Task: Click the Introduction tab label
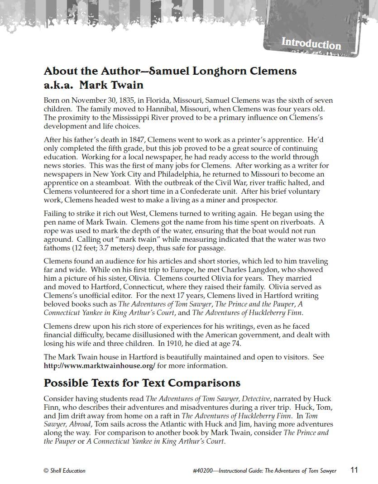point(311,44)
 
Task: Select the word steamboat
point(116,183)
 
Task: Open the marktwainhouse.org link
point(99,365)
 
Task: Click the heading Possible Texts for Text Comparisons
point(142,383)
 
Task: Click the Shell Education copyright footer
point(64,470)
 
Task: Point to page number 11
point(354,470)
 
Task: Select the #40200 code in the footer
point(203,470)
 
